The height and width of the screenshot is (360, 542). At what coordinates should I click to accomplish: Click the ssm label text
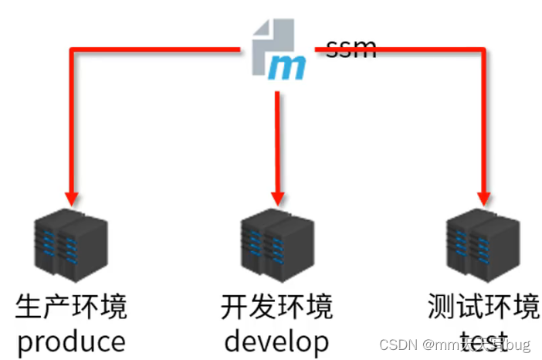pos(351,49)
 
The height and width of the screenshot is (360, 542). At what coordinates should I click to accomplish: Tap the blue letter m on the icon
pos(286,67)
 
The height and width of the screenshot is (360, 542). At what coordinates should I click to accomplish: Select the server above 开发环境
pos(276,246)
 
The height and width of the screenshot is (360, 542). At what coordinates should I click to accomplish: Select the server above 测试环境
pos(483,246)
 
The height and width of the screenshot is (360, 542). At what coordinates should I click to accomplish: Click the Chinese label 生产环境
pos(71,307)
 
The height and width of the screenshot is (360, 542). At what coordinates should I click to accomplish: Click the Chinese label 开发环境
pos(276,307)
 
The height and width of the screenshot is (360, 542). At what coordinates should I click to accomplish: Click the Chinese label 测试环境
pos(483,307)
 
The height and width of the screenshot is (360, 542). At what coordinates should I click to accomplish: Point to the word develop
pos(276,341)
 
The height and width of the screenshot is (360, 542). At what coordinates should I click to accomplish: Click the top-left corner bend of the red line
pos(71,50)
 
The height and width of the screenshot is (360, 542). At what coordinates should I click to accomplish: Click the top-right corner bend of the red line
pos(484,50)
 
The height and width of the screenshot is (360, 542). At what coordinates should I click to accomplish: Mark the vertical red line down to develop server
pos(277,139)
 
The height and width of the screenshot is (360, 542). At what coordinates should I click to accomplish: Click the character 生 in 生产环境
pos(29,307)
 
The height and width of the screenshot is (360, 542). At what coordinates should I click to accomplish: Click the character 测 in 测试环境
pos(441,307)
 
